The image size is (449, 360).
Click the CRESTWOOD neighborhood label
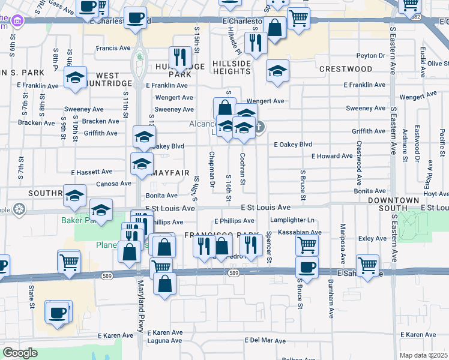point(345,69)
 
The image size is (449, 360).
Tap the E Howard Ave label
point(332,156)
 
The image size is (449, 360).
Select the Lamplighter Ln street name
point(293,221)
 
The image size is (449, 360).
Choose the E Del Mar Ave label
point(265,340)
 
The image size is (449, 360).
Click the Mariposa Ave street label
point(343,244)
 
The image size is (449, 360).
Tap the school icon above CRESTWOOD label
point(277,71)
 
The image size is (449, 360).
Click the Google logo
point(20,352)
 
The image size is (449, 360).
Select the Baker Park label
point(75,221)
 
